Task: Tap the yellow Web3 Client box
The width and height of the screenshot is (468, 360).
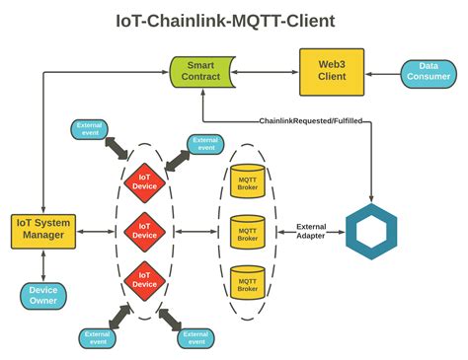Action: click(332, 71)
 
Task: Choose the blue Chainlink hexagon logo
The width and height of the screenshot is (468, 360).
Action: click(370, 233)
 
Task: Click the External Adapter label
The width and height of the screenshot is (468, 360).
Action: click(311, 232)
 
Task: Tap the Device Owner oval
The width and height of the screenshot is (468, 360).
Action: click(44, 294)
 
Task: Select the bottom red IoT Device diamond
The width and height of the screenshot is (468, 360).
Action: click(144, 279)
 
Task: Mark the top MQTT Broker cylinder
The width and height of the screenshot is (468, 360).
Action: click(246, 184)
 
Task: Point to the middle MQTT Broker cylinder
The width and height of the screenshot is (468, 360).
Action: click(246, 232)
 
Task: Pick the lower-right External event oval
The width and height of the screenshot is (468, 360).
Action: click(195, 336)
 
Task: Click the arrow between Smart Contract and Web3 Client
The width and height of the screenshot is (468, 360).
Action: click(267, 71)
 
